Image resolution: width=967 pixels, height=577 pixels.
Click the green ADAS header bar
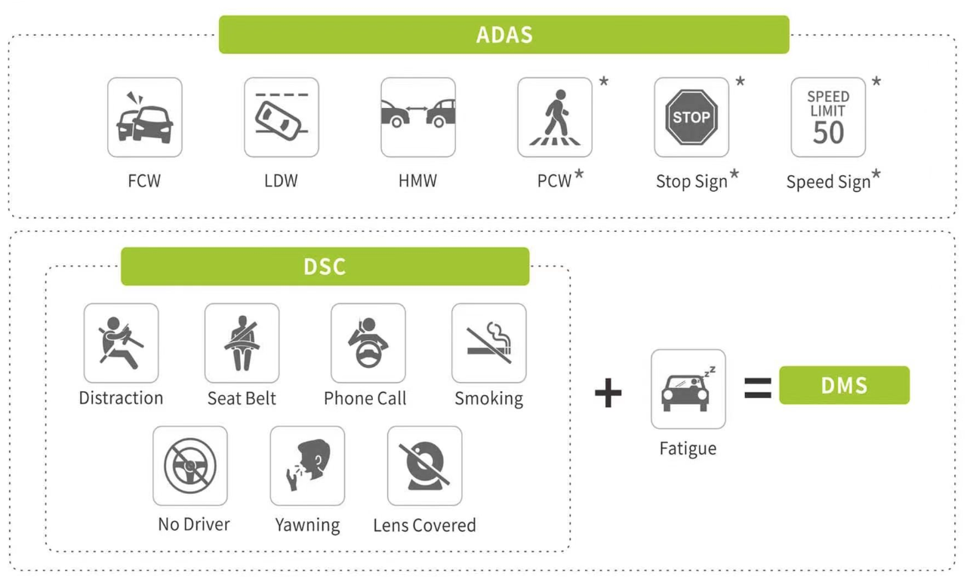coord(504,35)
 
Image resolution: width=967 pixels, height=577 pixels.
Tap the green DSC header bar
coord(325,267)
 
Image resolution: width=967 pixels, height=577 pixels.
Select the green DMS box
coord(844,385)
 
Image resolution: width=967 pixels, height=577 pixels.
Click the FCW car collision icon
coord(144,118)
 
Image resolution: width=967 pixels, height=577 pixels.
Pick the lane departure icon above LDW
coord(281,118)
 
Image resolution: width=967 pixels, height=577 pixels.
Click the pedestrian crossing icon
coord(555,118)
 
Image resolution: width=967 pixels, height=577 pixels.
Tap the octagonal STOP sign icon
coord(691,118)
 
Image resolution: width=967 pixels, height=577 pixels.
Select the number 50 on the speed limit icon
coord(828,133)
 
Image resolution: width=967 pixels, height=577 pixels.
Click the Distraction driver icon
coord(121,343)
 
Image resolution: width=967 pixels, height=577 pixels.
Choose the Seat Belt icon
coord(242,343)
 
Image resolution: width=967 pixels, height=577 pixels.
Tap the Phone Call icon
coord(368,343)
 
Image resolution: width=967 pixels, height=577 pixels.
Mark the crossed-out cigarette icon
coord(488,343)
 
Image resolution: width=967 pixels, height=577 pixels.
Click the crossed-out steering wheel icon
coord(190,465)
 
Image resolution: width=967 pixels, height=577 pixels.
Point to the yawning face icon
coord(307,465)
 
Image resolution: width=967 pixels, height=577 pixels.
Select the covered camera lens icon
coord(424,465)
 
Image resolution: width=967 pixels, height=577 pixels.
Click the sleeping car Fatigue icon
coord(688,389)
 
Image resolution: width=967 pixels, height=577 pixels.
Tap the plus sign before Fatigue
coord(608,393)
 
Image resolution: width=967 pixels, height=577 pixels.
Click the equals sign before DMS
coord(757,388)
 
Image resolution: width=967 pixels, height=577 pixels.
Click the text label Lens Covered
coord(424,525)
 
